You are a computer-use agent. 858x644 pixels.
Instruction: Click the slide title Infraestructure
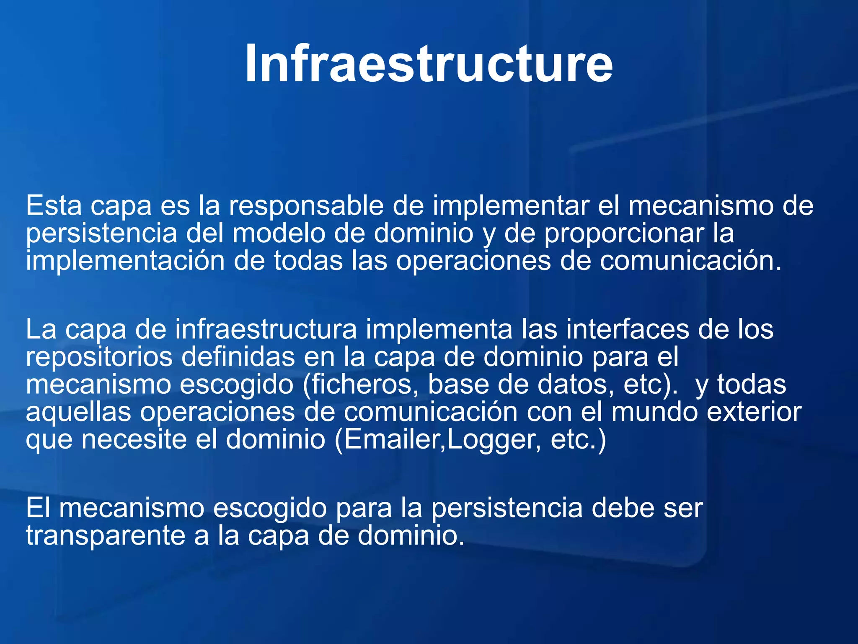[429, 64]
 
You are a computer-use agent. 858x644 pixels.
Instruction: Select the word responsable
[306, 206]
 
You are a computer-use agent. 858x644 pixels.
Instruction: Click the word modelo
[279, 233]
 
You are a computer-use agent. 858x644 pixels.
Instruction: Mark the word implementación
[125, 261]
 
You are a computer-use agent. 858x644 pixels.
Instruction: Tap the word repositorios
[99, 357]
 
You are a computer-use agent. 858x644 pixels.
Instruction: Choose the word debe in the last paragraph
[623, 508]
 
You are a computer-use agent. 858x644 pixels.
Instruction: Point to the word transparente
[106, 536]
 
